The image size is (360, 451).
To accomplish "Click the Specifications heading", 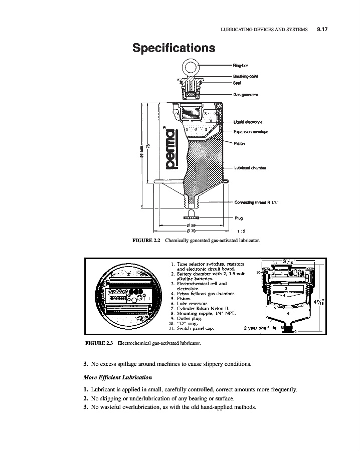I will pos(173,48).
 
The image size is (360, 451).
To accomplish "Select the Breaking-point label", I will pos(245,76).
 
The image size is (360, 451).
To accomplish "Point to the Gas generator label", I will pos(245,95).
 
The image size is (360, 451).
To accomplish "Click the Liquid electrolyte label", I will pos(249,122).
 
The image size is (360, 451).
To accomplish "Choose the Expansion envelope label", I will pos(251,132).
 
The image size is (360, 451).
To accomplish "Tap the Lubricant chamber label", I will pos(249,168).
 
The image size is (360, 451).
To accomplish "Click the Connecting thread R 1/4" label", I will pos(256,202).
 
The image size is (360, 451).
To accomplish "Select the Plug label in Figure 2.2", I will pos(239,218).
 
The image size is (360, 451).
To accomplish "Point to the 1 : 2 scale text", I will pos(241,232).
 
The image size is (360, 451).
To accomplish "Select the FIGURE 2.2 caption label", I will pos(145,241).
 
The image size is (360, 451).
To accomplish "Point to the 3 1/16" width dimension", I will pos(289,261).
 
